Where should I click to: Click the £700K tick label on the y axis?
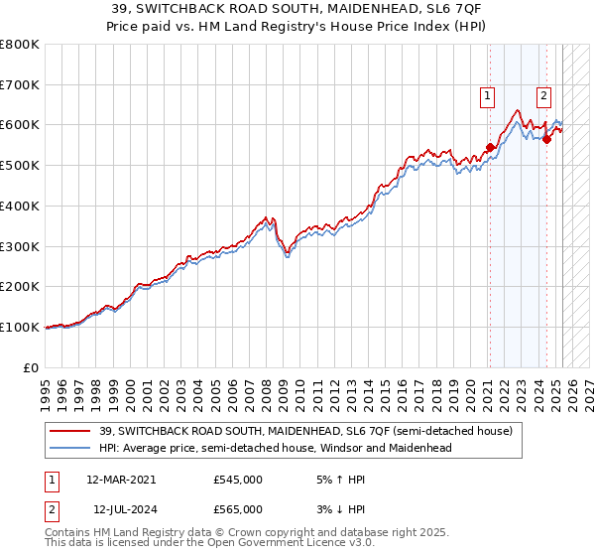click(19, 84)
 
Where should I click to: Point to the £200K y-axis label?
click(19, 286)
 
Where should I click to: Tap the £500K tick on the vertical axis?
click(19, 165)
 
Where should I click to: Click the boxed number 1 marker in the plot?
click(488, 96)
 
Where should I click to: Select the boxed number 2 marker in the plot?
click(544, 96)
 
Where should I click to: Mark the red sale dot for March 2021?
click(490, 148)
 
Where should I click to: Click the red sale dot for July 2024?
click(546, 140)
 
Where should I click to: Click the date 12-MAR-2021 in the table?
click(121, 479)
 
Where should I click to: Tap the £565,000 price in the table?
click(238, 508)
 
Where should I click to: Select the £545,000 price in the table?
click(238, 479)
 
